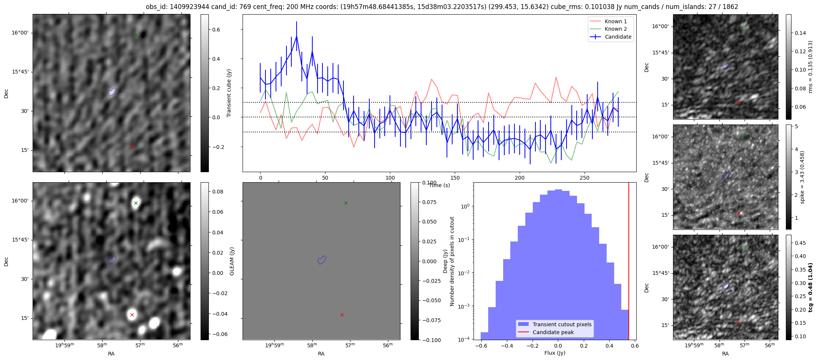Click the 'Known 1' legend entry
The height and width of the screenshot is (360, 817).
[x=615, y=21]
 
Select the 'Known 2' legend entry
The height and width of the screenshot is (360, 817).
[x=615, y=29]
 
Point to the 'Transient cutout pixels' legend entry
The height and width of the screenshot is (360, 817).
[x=562, y=324]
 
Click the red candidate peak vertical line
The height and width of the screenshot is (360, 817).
[x=629, y=262]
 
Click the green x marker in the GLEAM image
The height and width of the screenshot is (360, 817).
[x=136, y=203]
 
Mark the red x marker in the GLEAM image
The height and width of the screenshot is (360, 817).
[x=132, y=315]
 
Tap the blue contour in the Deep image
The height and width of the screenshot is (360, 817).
[x=322, y=260]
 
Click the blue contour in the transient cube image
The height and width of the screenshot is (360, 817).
[x=112, y=92]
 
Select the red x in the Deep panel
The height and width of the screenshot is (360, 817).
[x=342, y=315]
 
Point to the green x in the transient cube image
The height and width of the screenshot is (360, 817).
[x=136, y=35]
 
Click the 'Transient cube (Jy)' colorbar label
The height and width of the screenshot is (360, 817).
[x=229, y=93]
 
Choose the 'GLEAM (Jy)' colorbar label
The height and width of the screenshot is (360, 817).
[x=232, y=261]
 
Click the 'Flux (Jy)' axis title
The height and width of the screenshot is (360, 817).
[x=555, y=353]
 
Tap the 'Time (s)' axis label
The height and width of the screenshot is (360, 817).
[x=439, y=185]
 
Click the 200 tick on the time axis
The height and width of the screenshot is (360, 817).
[x=520, y=178]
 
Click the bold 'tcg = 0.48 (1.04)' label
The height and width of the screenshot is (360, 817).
[x=810, y=288]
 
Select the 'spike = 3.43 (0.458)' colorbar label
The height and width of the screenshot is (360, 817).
[x=802, y=177]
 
